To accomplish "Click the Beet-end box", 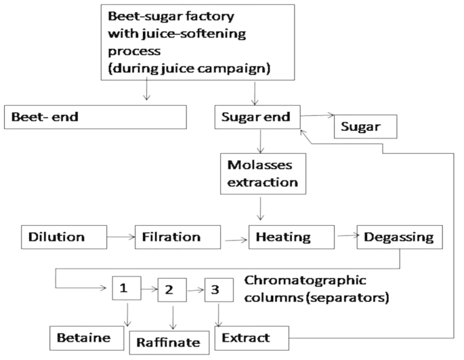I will pyautogui.click(x=94, y=116).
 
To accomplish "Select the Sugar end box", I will pyautogui.click(x=256, y=116).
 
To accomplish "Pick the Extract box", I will pyautogui.click(x=251, y=336).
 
